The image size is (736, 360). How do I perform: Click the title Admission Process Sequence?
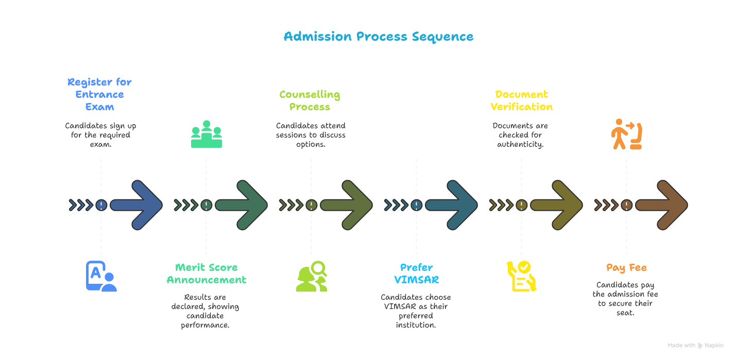379,37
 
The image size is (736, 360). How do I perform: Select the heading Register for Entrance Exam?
100,95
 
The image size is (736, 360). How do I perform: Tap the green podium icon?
206,134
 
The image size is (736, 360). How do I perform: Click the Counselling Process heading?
310,101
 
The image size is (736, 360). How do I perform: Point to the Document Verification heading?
521,101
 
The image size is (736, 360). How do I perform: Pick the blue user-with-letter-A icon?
101,277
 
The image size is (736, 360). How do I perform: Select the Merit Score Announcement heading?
206,274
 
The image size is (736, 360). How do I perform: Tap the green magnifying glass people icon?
312,277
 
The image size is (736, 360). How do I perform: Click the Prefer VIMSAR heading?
416,274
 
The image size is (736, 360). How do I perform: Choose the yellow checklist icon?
521,277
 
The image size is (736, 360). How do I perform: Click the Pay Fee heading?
626,268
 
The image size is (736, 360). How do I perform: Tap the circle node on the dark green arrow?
206,205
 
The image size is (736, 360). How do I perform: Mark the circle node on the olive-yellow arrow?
521,205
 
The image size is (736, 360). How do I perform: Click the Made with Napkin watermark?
695,346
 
